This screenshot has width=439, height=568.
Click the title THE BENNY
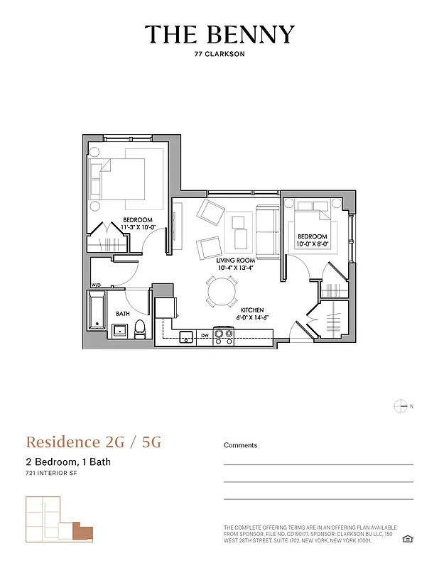[x=220, y=35]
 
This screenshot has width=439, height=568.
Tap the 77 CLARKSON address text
[x=220, y=54]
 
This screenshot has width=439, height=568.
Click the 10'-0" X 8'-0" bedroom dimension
[x=313, y=244]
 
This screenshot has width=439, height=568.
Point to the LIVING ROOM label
[x=232, y=261]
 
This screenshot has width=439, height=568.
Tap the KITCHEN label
[x=251, y=310]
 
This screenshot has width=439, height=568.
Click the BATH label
[x=123, y=313]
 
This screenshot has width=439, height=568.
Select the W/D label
[x=96, y=285]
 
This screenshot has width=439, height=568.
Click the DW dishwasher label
[x=205, y=335]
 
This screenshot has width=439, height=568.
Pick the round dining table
[x=222, y=291]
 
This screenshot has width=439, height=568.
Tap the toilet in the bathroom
[x=140, y=328]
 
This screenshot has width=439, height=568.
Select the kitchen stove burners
[x=224, y=335]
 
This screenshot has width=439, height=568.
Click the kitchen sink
[x=186, y=335]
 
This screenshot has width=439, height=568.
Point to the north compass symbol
[x=401, y=406]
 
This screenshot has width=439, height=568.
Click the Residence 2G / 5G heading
[x=94, y=442]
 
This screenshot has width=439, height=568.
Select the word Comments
[x=241, y=445]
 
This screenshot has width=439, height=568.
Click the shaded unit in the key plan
[x=83, y=532]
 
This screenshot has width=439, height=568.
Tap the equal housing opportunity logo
[x=407, y=539]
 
